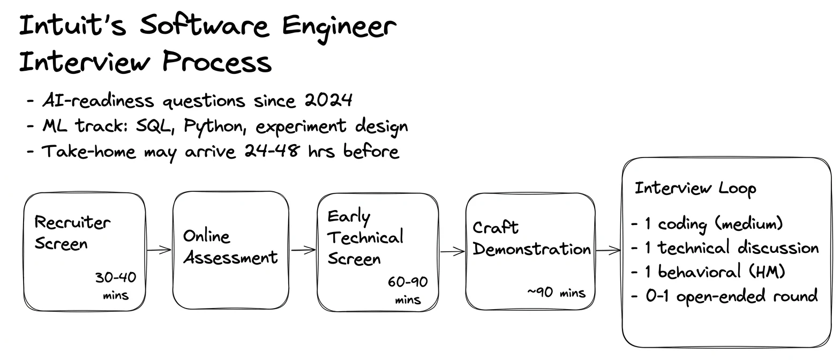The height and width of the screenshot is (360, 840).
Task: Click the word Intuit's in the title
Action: click(x=72, y=26)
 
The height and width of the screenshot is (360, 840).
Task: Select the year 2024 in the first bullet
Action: click(x=328, y=100)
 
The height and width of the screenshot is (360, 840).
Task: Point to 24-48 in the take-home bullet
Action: click(x=272, y=151)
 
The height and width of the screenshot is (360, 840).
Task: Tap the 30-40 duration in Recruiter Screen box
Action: click(x=116, y=277)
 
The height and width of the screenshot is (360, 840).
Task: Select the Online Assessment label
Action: click(x=230, y=247)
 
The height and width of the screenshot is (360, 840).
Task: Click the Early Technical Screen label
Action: click(x=365, y=237)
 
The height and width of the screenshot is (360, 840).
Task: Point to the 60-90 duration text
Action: click(x=408, y=282)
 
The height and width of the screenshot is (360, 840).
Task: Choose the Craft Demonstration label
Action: click(x=531, y=238)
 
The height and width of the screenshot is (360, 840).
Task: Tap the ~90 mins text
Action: click(x=556, y=292)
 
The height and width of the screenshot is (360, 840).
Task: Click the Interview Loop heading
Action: click(x=695, y=189)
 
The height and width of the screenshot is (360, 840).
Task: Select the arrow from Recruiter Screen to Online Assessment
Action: click(x=159, y=250)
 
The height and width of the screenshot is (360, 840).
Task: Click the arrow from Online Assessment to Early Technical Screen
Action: click(x=303, y=250)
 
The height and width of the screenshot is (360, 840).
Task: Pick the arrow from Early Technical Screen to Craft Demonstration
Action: click(x=452, y=251)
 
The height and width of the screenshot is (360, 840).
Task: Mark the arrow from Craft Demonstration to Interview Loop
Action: click(x=608, y=250)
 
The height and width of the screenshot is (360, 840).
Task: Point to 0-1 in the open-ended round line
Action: click(x=657, y=296)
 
